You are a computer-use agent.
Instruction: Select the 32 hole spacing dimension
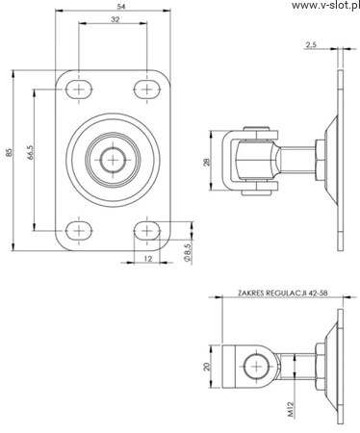click(116, 19)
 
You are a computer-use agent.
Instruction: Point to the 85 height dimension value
click(9, 152)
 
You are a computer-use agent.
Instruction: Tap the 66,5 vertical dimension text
click(31, 152)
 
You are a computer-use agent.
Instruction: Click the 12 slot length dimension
click(147, 258)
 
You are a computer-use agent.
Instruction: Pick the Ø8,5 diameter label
click(188, 254)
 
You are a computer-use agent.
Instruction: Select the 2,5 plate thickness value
click(311, 44)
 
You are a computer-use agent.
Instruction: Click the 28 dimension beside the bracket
click(208, 162)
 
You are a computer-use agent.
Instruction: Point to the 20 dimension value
click(208, 367)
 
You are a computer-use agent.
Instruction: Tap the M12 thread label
click(291, 410)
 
